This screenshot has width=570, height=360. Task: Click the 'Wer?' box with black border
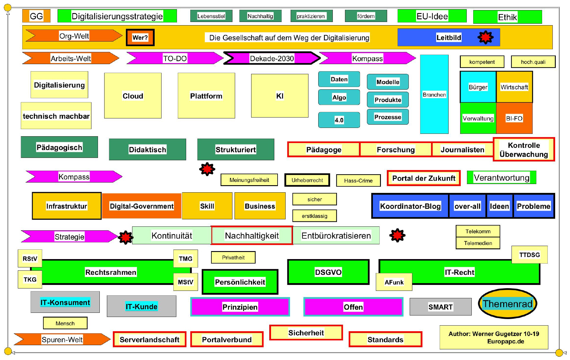point(140,37)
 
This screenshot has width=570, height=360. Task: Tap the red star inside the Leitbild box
point(485,37)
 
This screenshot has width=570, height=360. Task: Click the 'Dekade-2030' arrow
point(272,58)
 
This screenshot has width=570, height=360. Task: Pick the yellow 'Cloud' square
point(133,96)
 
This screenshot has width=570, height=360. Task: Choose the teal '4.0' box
point(339,120)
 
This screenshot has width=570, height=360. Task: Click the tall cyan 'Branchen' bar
point(434,94)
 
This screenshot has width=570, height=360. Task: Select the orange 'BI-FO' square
point(514,118)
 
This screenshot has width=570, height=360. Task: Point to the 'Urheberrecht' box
point(307,180)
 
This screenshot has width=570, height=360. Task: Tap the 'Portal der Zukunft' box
point(424,178)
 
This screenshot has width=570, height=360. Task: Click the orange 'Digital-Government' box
point(142,206)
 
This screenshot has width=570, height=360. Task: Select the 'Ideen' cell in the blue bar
point(499,206)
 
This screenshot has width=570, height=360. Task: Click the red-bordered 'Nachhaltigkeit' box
point(252,236)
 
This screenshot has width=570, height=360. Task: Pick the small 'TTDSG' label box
point(529,255)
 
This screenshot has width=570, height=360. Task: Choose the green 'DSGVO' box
point(328,272)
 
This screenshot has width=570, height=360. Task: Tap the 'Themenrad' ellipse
point(508,304)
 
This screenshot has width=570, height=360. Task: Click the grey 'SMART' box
point(441,307)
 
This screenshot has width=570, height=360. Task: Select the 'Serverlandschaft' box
point(149,340)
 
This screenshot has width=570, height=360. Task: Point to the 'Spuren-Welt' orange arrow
point(62,340)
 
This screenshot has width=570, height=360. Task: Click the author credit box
point(494,337)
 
